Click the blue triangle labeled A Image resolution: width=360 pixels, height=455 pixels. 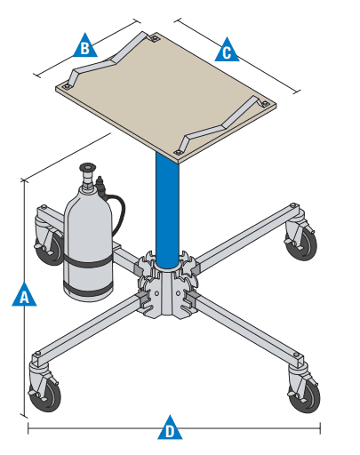tap(24, 295)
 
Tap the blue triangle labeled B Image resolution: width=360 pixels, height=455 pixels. tap(84, 47)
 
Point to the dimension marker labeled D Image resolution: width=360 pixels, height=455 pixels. tap(169, 430)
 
